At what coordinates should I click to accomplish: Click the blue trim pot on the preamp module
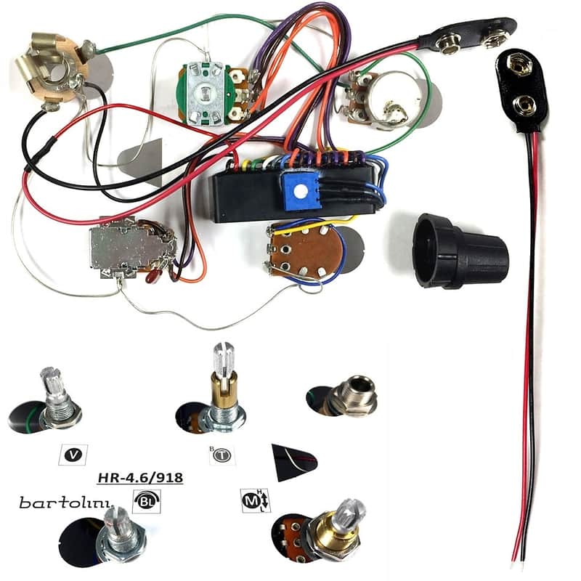pos(300,190)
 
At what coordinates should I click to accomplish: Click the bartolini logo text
pos(65,502)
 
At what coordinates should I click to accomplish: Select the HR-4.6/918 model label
pos(140,478)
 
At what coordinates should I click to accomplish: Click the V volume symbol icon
pos(73,455)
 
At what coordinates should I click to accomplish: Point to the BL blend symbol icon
pos(147,501)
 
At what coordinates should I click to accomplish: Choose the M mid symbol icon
pos(256,500)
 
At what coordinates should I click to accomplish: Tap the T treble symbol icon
pos(222,455)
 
